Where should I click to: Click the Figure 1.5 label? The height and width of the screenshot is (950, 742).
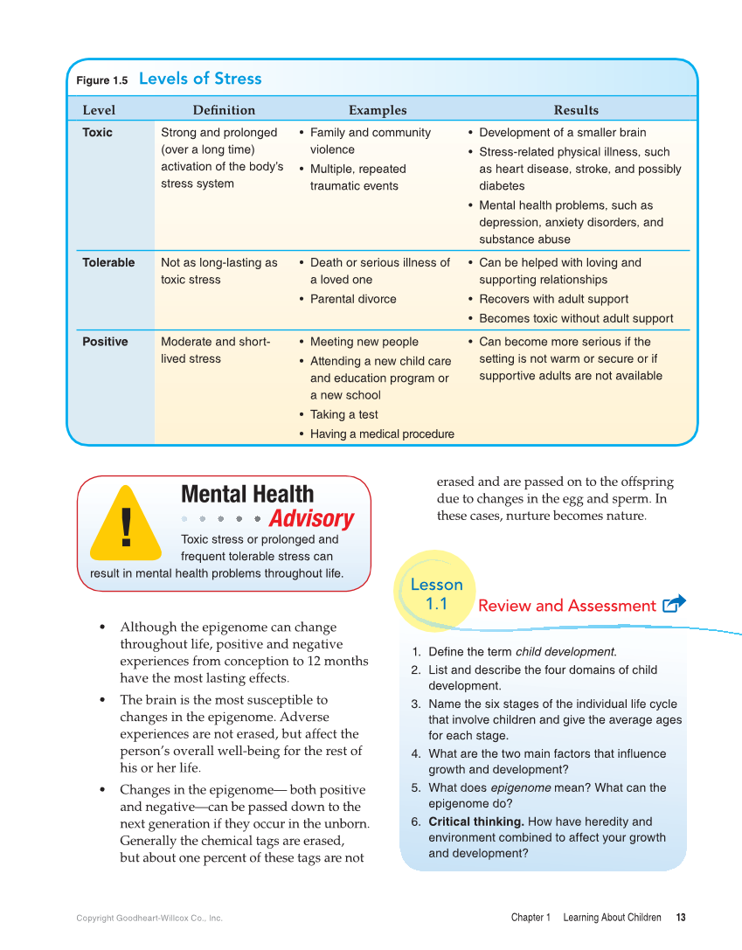click(101, 80)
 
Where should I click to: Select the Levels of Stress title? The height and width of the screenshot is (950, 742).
click(200, 79)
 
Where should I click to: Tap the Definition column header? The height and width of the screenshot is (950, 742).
click(224, 110)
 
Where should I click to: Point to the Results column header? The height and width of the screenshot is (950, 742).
click(576, 110)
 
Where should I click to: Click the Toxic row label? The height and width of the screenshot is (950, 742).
click(97, 133)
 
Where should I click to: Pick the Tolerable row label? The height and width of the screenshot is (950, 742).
click(108, 263)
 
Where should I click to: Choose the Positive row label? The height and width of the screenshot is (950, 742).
click(105, 342)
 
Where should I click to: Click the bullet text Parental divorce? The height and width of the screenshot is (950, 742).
click(353, 299)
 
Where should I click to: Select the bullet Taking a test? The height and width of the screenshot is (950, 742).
click(343, 415)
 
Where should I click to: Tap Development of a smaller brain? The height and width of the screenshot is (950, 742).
click(562, 133)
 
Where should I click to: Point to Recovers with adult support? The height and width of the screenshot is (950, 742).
click(553, 299)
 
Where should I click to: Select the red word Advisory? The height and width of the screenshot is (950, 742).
click(311, 519)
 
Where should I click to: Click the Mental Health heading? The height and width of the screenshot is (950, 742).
click(247, 495)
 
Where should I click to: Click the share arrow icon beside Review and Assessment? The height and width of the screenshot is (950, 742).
click(674, 604)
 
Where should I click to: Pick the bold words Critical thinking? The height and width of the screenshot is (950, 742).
click(476, 822)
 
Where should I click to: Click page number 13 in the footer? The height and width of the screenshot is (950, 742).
click(681, 918)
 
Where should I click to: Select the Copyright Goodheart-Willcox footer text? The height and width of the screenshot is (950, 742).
click(149, 919)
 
